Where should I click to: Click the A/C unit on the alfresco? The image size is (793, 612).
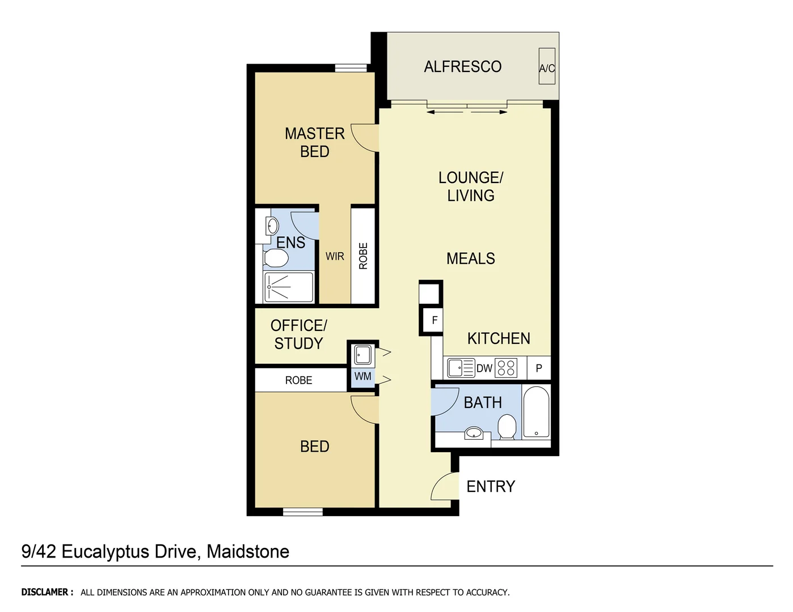coord(547,67)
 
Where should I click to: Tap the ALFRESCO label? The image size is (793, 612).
coord(462,67)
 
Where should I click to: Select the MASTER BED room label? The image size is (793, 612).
coord(315,142)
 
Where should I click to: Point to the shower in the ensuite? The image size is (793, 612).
coord(289,287)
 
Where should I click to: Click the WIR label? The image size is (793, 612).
coord(335,257)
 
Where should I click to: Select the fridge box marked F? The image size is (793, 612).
coord(435,321)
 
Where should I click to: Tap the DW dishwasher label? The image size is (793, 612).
coord(484,368)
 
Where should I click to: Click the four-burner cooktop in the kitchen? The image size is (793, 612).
coord(506,368)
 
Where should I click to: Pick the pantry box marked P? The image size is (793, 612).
coord(539,368)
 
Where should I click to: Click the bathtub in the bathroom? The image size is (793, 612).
coord(536,413)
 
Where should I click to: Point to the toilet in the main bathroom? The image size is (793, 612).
coord(507,427)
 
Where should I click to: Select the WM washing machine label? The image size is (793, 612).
coord(363,376)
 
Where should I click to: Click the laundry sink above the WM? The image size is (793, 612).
coord(363,355)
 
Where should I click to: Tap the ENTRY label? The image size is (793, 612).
coord(491,487)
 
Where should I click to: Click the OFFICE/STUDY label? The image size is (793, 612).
coord(298,334)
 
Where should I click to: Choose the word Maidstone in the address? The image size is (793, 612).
coord(248,551)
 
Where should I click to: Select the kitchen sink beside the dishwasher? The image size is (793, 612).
coord(460,368)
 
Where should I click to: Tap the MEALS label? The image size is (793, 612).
coord(470,259)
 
